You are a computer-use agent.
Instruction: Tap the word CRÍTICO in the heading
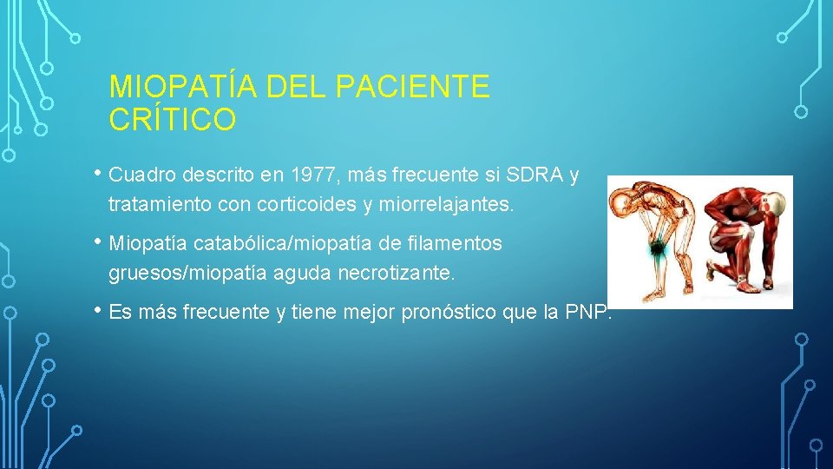(x=172, y=120)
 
